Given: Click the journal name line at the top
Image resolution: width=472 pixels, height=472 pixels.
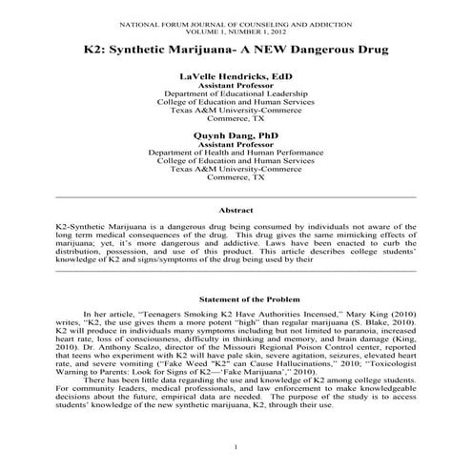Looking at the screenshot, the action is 236,19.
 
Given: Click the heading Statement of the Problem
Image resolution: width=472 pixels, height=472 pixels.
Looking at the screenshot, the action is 236,299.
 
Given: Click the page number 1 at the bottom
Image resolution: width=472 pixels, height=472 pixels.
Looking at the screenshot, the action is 236,447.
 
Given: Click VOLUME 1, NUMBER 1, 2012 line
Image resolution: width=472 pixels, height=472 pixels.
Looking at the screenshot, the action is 236,28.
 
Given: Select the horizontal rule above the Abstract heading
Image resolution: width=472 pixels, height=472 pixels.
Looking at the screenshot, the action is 236,196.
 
